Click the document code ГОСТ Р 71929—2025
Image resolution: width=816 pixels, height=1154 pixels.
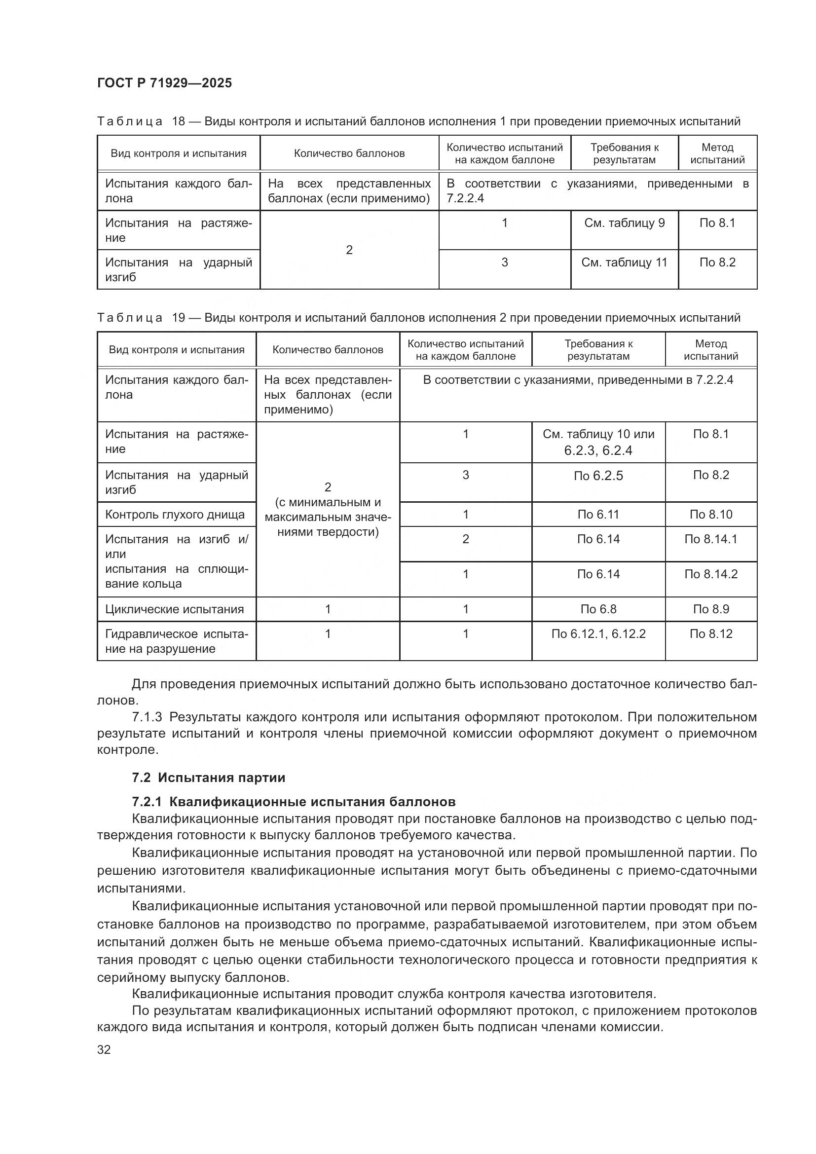tap(164, 83)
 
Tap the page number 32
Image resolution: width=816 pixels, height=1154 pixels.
tap(104, 1049)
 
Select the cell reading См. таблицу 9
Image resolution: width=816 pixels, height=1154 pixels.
tap(624, 223)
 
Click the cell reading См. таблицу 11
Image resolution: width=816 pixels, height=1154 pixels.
tap(624, 262)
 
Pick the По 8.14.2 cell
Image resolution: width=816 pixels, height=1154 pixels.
tap(710, 574)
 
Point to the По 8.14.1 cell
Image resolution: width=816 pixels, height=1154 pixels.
tap(710, 539)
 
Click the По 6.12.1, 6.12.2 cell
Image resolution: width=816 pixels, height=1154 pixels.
tap(598, 634)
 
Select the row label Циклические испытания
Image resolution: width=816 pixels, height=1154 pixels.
tap(174, 609)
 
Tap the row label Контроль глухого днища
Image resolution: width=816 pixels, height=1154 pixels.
tap(175, 515)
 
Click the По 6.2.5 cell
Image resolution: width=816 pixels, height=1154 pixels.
tap(598, 476)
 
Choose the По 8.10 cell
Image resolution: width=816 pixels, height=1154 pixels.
tap(710, 515)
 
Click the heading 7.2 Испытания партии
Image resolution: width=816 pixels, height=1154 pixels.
tap(209, 778)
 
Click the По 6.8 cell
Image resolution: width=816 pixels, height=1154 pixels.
tap(598, 609)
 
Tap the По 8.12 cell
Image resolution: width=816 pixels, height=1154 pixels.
tap(710, 634)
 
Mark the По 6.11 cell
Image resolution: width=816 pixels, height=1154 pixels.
tap(598, 515)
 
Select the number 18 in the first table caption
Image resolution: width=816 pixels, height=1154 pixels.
tap(179, 121)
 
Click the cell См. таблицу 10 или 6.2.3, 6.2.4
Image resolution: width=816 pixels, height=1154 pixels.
tap(598, 442)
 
